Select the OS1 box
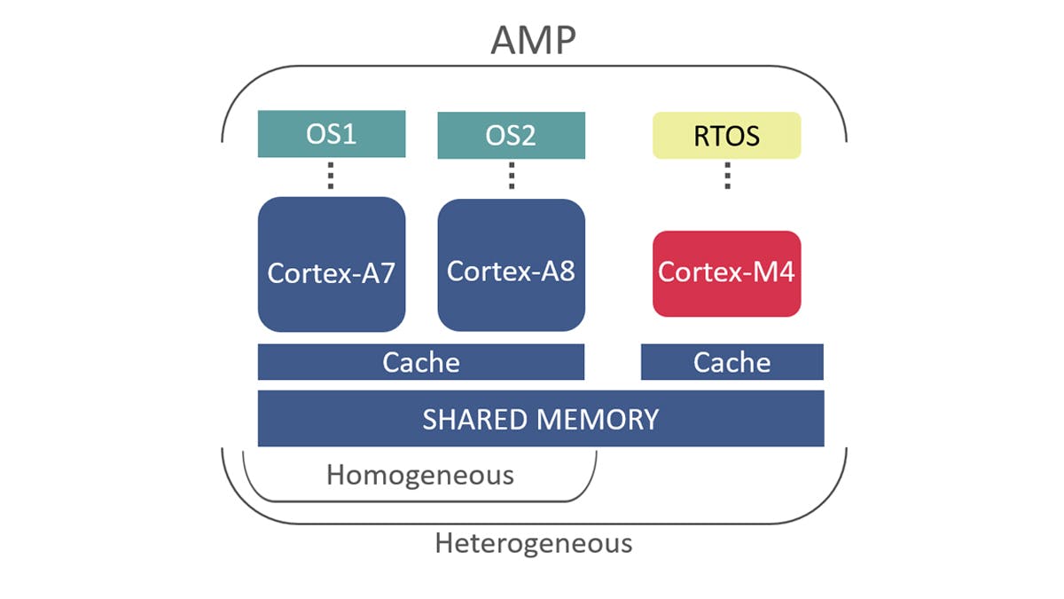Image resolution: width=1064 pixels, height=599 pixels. (x=332, y=134)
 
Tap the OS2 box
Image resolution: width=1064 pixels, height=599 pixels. (x=512, y=135)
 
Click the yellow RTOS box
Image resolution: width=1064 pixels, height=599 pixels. (x=727, y=136)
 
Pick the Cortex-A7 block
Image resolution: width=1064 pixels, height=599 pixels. (x=332, y=264)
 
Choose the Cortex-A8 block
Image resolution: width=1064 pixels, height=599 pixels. (x=512, y=264)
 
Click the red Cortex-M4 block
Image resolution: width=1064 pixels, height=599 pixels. (x=727, y=273)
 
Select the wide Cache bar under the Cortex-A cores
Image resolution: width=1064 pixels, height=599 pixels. (x=421, y=362)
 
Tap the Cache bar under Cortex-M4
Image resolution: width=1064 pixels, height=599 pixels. (x=732, y=362)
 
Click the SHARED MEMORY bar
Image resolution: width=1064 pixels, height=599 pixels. (x=541, y=419)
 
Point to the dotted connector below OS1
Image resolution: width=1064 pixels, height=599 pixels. (x=330, y=176)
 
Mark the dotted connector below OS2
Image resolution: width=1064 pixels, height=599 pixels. (x=512, y=176)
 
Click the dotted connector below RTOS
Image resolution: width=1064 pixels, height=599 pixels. (x=727, y=176)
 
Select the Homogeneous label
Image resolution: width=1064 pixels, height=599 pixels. (x=420, y=475)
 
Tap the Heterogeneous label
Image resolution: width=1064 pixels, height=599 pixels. (x=534, y=542)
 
